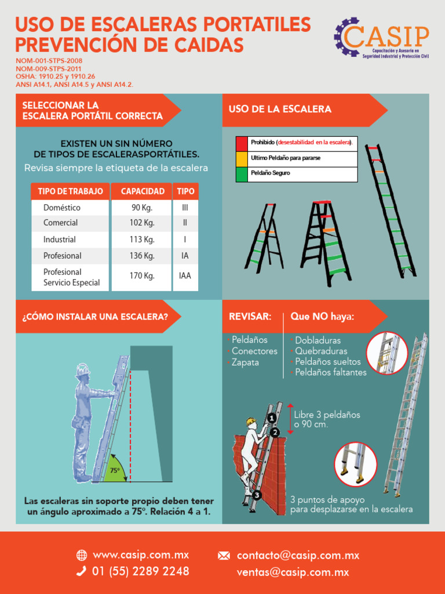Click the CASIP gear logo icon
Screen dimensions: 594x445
tap(346, 37)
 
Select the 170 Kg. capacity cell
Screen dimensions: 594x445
tap(141, 276)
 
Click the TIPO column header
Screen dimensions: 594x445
tap(185, 191)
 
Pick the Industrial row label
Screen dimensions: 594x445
tap(60, 240)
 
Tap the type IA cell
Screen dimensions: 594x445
tap(185, 256)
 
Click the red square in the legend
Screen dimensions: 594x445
tap(242, 143)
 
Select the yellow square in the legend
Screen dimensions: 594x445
tap(242, 158)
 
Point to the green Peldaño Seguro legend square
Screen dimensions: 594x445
tap(242, 173)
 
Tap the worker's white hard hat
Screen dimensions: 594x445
tap(82, 370)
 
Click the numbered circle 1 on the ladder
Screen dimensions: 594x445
tap(271, 418)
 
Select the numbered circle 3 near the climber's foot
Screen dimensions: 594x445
tap(257, 495)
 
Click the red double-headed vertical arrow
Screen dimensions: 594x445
tap(290, 419)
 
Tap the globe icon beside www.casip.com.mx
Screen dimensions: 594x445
tap(82, 556)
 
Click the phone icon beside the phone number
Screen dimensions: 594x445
tap(82, 571)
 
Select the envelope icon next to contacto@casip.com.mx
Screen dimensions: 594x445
tap(224, 556)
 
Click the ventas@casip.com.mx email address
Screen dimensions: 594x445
tap(293, 572)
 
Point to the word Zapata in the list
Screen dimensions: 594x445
tap(245, 363)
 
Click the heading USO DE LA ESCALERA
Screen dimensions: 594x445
tap(280, 110)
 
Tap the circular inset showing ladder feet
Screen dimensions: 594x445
tap(355, 463)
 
